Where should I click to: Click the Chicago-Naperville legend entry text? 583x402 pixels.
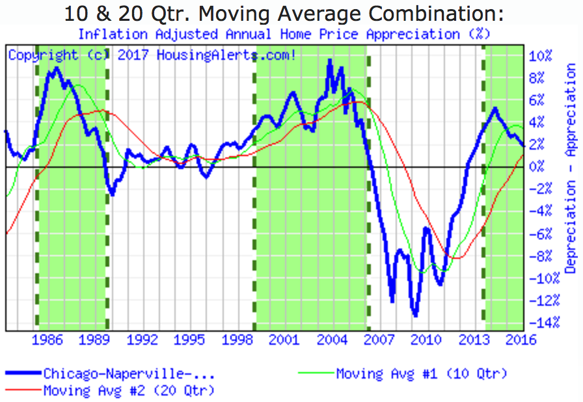[129, 374]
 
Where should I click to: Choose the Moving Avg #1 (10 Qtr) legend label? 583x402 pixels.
[421, 373]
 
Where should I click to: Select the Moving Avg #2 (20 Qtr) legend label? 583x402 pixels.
[129, 390]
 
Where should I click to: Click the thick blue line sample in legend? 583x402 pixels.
[23, 374]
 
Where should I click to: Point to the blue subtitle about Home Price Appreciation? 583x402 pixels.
[284, 33]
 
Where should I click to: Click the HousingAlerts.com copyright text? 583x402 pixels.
[152, 55]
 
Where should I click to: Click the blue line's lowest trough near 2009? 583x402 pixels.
[415, 315]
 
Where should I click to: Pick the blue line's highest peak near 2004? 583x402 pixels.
[330, 60]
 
